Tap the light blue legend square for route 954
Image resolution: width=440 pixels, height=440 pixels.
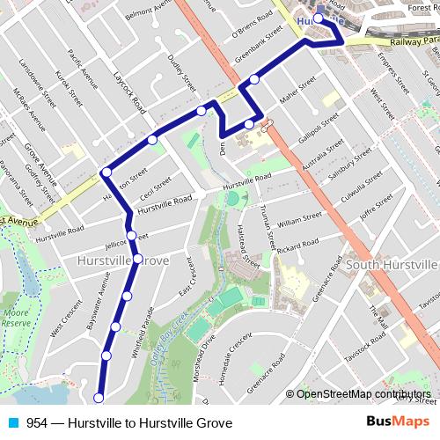click(13, 423)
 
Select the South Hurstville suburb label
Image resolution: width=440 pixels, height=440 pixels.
click(392, 264)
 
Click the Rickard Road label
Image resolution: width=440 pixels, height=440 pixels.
click(296, 247)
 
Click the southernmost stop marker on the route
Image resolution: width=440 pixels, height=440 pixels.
click(99, 398)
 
